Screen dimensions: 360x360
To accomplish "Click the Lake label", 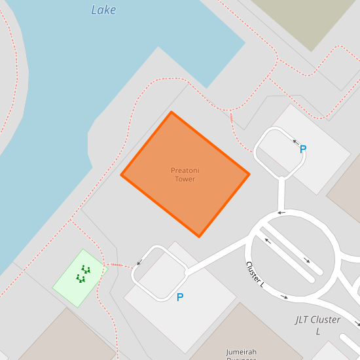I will [103, 9].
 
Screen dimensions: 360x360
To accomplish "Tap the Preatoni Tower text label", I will [185, 175].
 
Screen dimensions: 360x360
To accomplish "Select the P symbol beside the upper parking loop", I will [303, 150].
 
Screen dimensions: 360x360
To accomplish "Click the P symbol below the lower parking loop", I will [180, 297].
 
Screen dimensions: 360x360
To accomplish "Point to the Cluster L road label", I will [255, 275].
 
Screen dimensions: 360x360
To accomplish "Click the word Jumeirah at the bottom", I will [242, 351].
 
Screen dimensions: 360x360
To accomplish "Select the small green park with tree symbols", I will [81, 278].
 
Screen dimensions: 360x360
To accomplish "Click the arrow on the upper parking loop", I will [295, 141].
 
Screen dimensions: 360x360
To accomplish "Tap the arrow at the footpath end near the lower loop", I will [138, 264].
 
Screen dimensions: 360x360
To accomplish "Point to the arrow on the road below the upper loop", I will [280, 212].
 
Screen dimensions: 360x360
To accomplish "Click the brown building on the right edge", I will [347, 196].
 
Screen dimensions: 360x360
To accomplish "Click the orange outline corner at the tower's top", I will [171, 113].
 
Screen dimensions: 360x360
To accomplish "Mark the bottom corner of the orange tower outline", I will [199, 236].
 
